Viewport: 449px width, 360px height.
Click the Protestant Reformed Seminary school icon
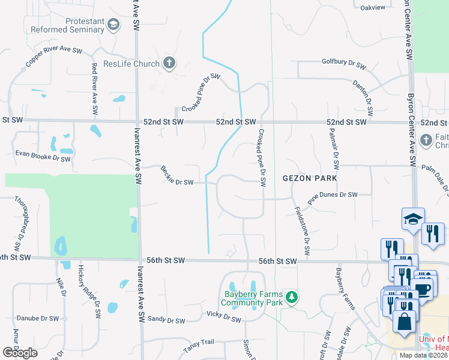tap(113, 25)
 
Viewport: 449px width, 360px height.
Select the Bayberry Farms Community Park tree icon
tap(291, 297)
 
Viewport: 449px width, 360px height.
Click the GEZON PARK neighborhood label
tap(310, 178)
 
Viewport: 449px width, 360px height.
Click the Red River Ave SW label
tap(94, 89)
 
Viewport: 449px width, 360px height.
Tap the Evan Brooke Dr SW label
tap(43, 157)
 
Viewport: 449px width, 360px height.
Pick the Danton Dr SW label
tap(363, 98)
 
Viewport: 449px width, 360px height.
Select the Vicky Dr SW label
tap(223, 316)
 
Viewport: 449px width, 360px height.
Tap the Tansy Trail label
tap(198, 341)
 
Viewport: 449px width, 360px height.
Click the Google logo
tap(20, 353)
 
